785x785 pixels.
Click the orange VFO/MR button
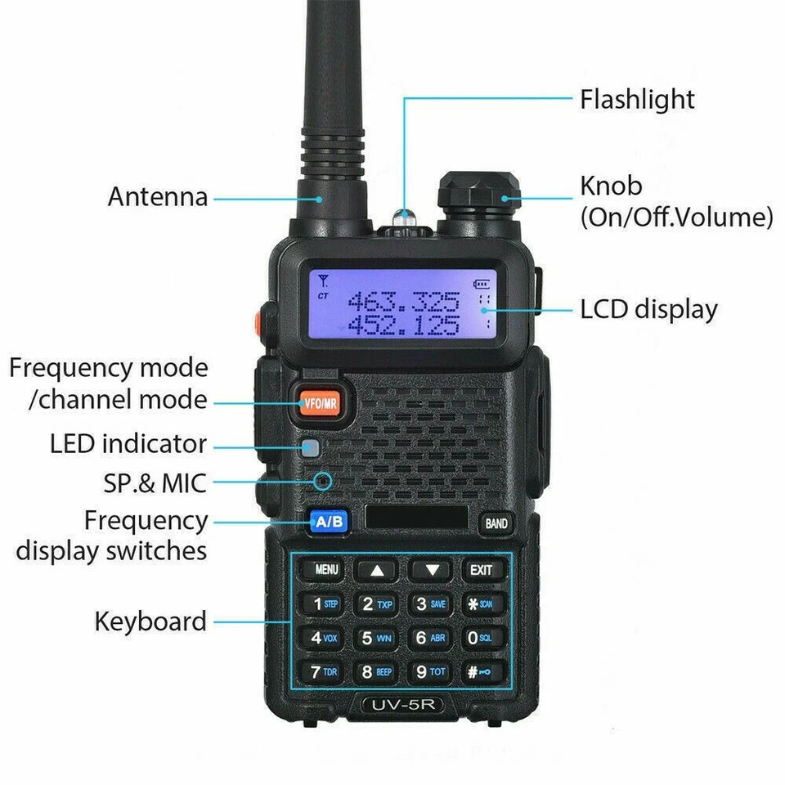coord(320,402)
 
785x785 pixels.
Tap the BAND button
coord(496,523)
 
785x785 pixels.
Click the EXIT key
coord(482,569)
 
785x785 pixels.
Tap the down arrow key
coord(431,570)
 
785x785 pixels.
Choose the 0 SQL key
coord(480,638)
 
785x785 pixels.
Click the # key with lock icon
coord(480,672)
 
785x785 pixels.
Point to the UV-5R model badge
coord(402,705)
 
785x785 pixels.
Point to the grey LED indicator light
coord(309,447)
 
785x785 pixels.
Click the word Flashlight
coord(637,100)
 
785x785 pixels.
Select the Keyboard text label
coord(150,621)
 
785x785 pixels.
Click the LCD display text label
coord(648,310)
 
